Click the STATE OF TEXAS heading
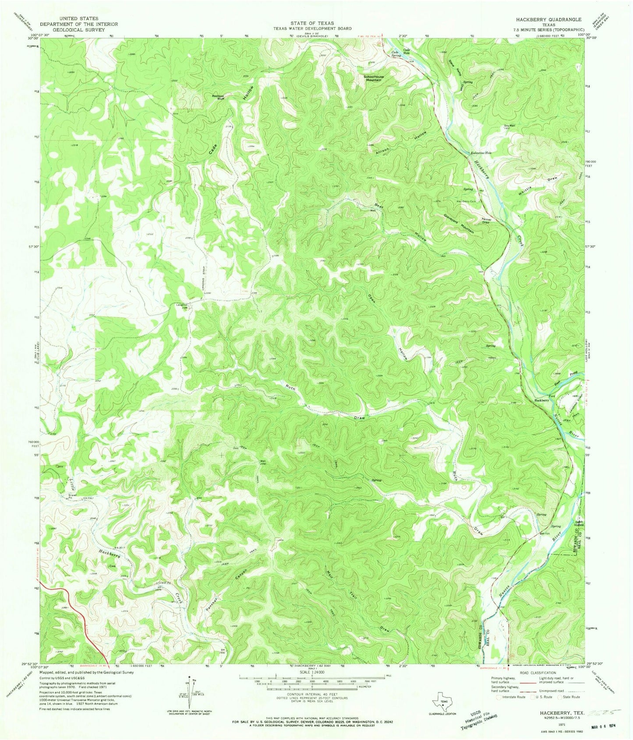pos(312,23)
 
